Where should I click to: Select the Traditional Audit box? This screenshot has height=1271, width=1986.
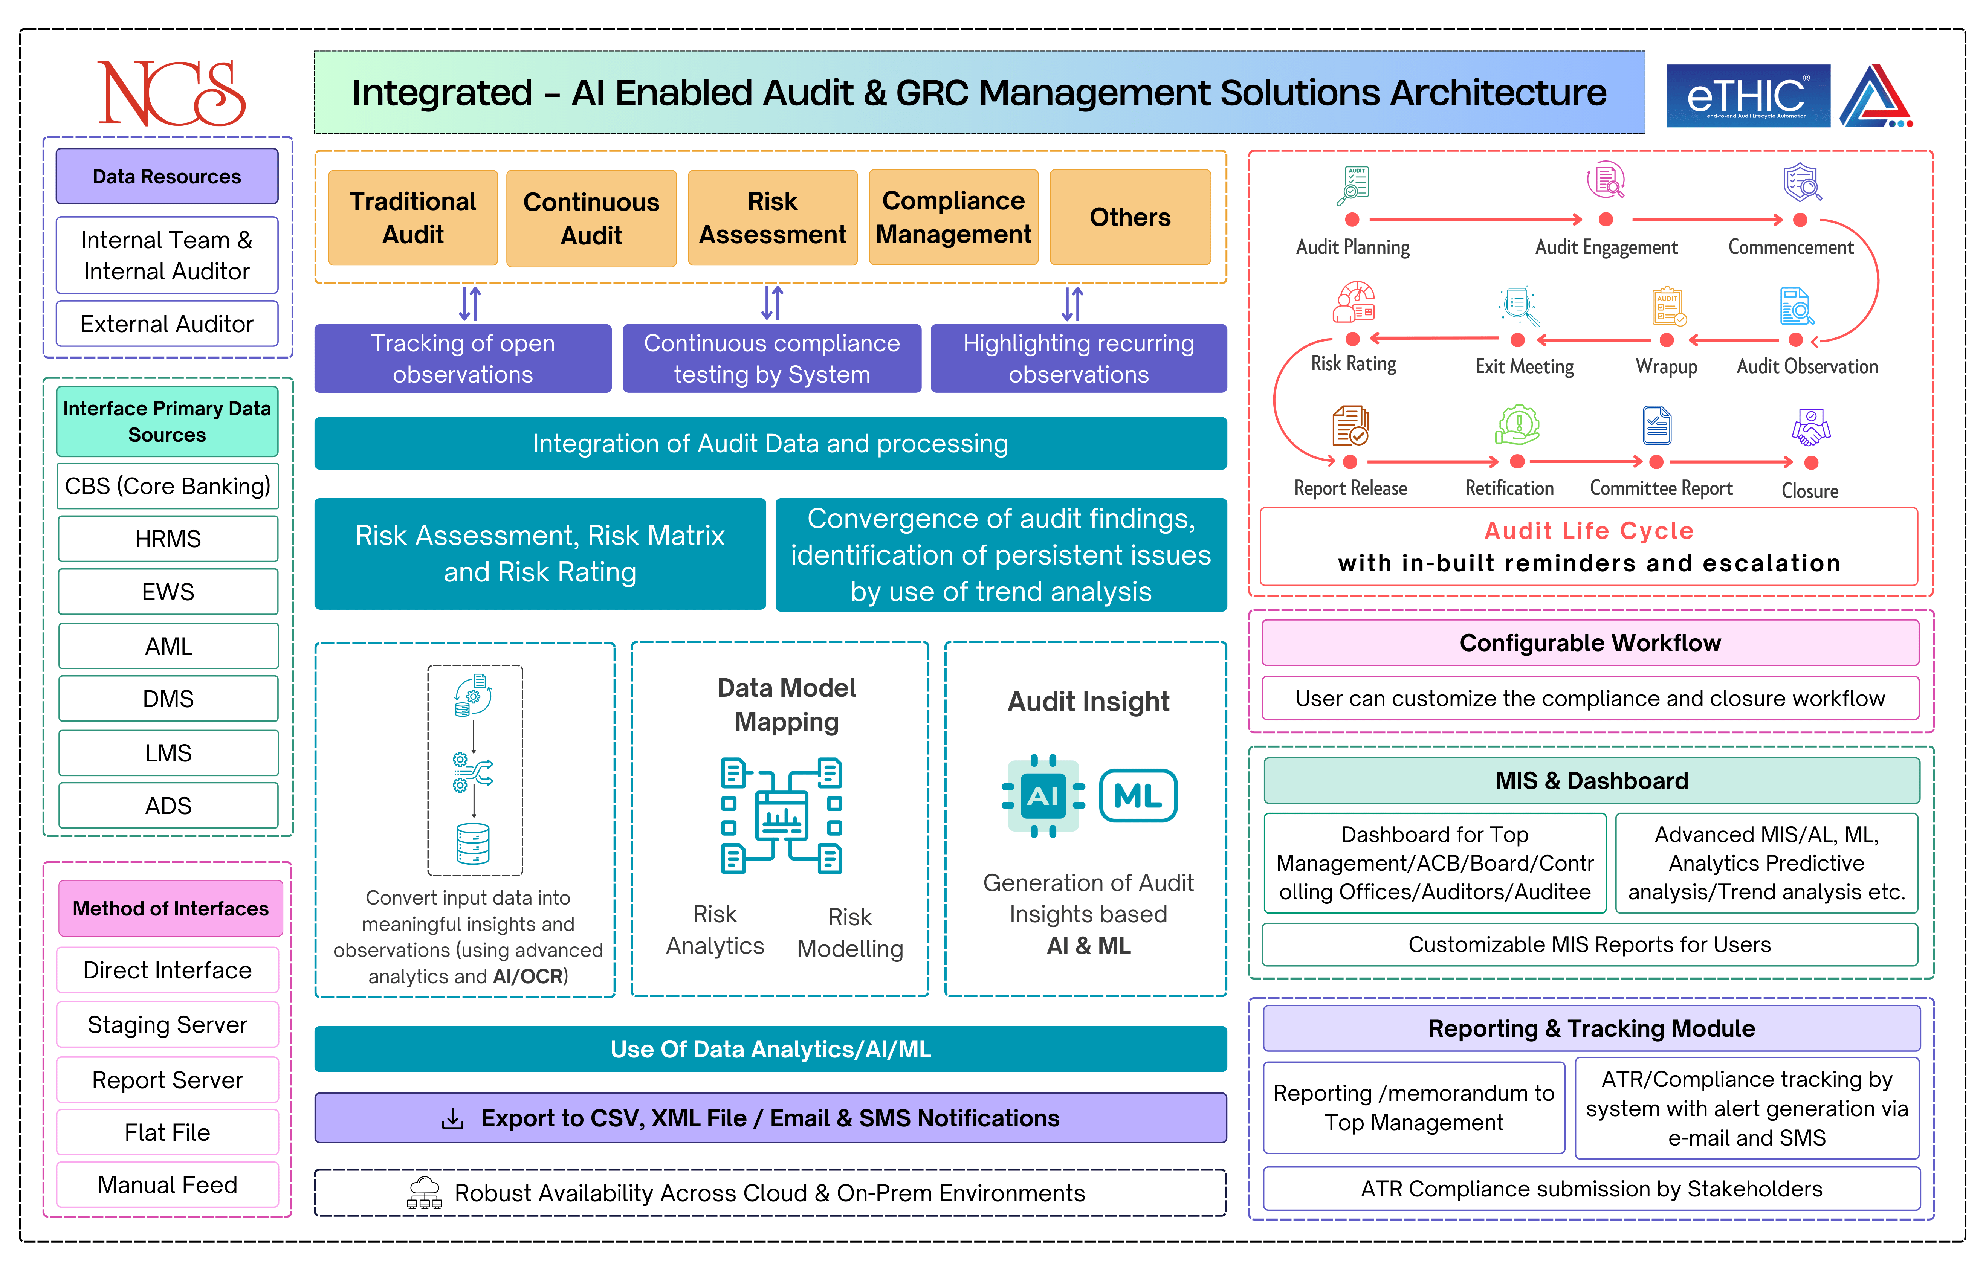[x=413, y=218]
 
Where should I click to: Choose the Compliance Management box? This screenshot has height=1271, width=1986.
[x=953, y=218]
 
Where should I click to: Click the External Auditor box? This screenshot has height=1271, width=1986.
[x=167, y=323]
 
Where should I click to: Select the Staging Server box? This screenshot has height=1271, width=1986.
[x=168, y=1025]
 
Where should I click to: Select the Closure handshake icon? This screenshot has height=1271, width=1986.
[x=1811, y=427]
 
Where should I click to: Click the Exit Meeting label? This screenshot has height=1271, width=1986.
[x=1525, y=366]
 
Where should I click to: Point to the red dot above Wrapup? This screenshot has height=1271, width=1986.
[x=1667, y=340]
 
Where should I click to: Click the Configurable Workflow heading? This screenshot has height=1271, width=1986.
[x=1590, y=643]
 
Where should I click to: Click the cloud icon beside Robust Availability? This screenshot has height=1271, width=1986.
[x=424, y=1193]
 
